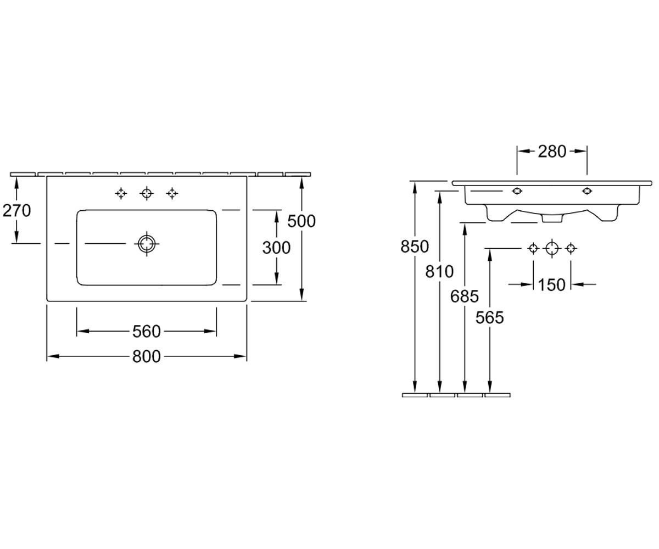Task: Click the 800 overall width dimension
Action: pyautogui.click(x=147, y=356)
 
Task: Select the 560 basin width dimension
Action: pyautogui.click(x=147, y=331)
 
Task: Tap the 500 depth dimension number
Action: pyautogui.click(x=301, y=221)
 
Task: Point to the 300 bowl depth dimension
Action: pyautogui.click(x=276, y=248)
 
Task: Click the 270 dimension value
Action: pyautogui.click(x=16, y=210)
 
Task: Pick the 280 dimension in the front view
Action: pyautogui.click(x=552, y=152)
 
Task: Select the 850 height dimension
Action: pyautogui.click(x=415, y=247)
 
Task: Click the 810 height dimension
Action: pyautogui.click(x=439, y=271)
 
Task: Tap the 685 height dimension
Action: pyautogui.click(x=464, y=296)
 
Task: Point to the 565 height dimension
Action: pyautogui.click(x=489, y=317)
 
